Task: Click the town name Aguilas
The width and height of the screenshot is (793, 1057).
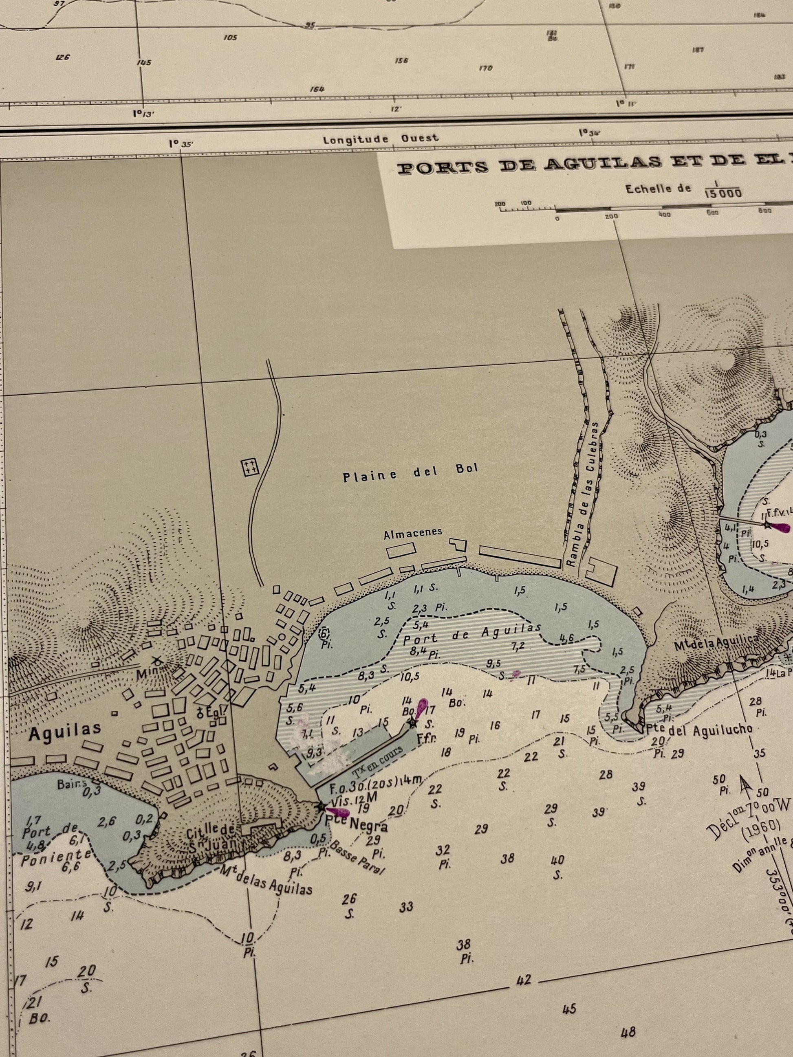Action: [65, 732]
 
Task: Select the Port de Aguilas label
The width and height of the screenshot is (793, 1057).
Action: [472, 635]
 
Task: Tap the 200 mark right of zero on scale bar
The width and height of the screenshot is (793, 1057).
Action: [611, 216]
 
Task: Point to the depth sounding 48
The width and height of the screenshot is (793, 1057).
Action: [628, 1032]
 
